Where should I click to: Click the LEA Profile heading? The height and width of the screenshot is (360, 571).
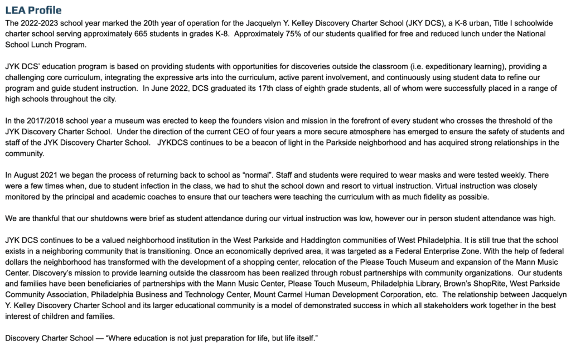33,11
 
